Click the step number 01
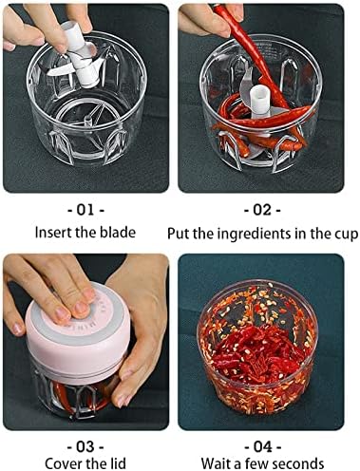tap(85, 210)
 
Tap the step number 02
tap(262, 210)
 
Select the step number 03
tap(85, 447)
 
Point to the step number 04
tap(262, 447)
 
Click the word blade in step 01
tap(118, 233)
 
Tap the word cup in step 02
tap(346, 235)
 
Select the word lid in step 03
tap(117, 463)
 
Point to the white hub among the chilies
tap(260, 101)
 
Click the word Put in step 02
tap(179, 235)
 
